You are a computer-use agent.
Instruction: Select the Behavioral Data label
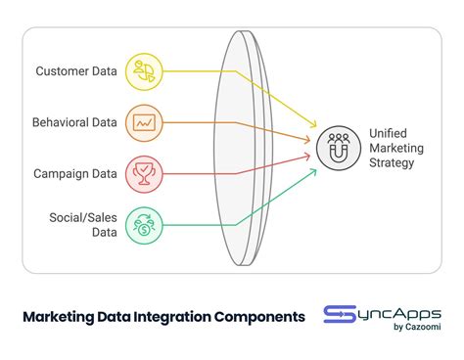click(x=74, y=122)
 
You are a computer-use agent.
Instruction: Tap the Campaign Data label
click(x=75, y=174)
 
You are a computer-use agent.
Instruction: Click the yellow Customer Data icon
click(x=144, y=70)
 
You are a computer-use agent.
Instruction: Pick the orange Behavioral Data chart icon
click(x=144, y=122)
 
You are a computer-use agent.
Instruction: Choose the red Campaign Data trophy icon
click(x=144, y=174)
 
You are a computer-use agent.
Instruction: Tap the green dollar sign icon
click(x=144, y=224)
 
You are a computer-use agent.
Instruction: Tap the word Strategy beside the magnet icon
click(x=393, y=162)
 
